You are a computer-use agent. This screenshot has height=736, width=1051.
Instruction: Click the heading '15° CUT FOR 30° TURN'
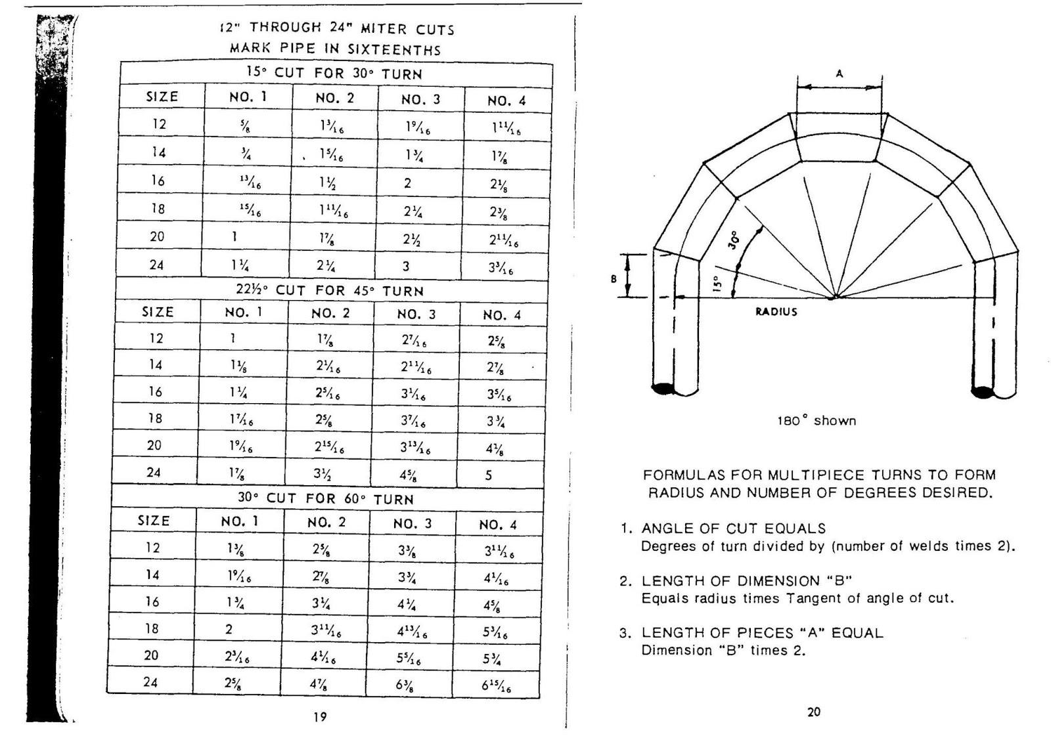[x=334, y=73]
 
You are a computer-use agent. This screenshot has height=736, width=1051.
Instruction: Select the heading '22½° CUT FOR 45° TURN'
[x=330, y=290]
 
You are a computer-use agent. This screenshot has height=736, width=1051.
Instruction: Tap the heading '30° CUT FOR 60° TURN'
[x=326, y=498]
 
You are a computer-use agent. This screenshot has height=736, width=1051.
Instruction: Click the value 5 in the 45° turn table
[x=489, y=475]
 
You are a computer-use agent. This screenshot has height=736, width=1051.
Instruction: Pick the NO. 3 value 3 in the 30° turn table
[x=406, y=266]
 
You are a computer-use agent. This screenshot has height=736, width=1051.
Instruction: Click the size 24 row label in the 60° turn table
[x=150, y=682]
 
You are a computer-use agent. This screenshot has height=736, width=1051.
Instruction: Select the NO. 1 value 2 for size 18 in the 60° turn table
[x=229, y=629]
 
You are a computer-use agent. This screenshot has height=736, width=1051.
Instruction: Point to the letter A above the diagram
[x=839, y=74]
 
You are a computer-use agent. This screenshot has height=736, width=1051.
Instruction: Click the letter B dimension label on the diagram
[x=614, y=278]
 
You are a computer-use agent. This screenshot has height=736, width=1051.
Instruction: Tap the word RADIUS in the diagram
[x=776, y=312]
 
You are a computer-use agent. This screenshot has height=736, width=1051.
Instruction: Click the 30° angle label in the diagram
[x=734, y=239]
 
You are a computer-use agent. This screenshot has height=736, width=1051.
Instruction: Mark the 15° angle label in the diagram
[x=717, y=282]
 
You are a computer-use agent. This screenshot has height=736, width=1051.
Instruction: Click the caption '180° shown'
[x=816, y=421]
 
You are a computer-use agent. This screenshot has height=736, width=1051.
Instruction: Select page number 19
[x=320, y=717]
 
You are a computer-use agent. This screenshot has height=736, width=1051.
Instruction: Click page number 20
[x=813, y=712]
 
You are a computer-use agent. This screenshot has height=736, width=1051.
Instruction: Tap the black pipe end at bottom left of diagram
[x=663, y=389]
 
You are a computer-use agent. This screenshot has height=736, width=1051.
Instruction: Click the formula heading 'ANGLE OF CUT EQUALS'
[x=733, y=529]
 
